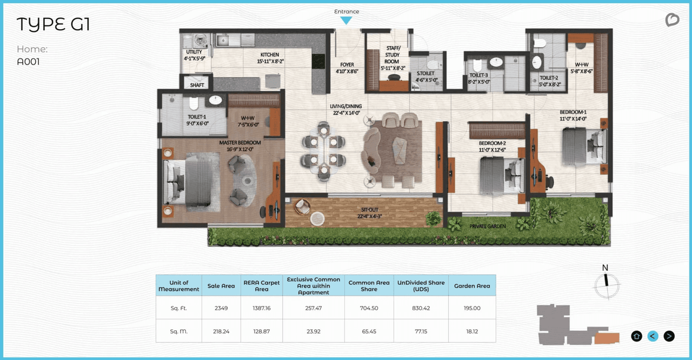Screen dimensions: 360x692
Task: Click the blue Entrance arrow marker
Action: click(x=346, y=21)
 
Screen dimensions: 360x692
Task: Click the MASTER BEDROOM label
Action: click(x=239, y=143)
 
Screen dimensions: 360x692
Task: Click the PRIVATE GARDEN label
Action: click(x=487, y=226)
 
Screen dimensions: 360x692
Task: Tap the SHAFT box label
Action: click(x=197, y=85)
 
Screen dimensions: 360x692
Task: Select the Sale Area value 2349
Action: click(x=221, y=308)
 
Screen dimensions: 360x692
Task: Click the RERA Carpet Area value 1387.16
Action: click(x=262, y=308)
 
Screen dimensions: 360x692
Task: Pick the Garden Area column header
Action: click(x=472, y=285)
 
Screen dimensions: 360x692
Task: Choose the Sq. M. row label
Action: click(x=178, y=331)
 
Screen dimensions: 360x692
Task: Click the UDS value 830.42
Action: click(x=420, y=308)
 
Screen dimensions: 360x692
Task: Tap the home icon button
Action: click(x=636, y=336)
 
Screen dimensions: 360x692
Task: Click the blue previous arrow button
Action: click(x=653, y=336)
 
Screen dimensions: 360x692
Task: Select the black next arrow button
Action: click(x=669, y=336)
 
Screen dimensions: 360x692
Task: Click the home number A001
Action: click(x=28, y=62)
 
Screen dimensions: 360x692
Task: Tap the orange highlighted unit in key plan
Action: click(x=607, y=338)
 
